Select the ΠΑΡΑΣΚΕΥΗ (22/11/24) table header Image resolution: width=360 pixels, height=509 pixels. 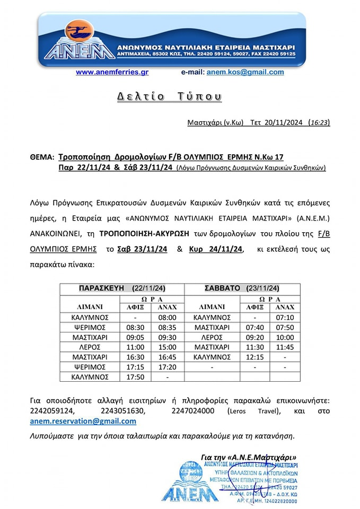pos(122,288)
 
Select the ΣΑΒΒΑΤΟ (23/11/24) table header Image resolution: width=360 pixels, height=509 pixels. pos(242,288)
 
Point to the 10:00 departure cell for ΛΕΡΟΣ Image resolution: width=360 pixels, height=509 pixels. pos(285,337)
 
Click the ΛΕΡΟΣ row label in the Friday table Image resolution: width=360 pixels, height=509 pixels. pos(90,347)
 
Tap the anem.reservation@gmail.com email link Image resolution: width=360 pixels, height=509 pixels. pos(83,421)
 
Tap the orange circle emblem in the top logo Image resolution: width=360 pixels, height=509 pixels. pos(79,29)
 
